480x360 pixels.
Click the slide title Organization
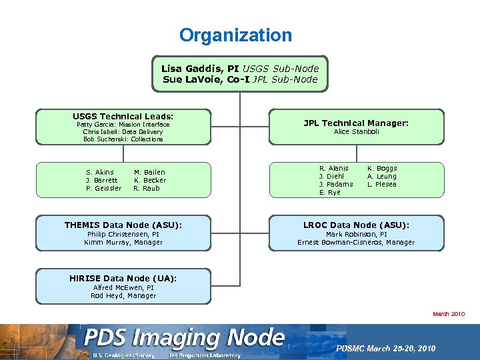click(235, 35)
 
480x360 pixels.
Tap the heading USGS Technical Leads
click(123, 116)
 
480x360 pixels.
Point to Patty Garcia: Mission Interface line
click(123, 125)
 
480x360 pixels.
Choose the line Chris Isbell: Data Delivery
click(123, 132)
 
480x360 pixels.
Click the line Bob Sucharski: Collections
click(123, 139)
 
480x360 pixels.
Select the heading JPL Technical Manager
click(356, 123)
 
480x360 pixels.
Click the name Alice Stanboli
click(356, 132)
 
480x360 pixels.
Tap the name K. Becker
click(150, 180)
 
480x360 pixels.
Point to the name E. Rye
click(329, 192)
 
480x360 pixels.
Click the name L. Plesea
click(382, 184)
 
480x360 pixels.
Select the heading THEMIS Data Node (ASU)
click(123, 225)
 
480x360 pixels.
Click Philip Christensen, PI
click(123, 235)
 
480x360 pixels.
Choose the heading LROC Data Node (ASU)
click(356, 225)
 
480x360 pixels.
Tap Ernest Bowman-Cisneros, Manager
click(356, 243)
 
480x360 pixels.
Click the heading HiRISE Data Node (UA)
click(123, 278)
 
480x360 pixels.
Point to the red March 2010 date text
click(449, 314)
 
